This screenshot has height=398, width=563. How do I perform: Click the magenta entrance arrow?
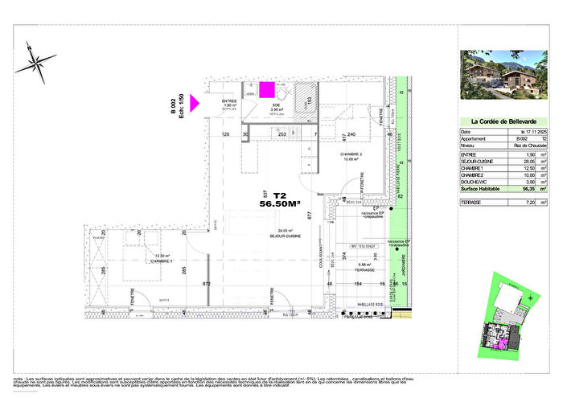(194, 102)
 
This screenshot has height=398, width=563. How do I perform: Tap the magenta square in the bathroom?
(265, 88)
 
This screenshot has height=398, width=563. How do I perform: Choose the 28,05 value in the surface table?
(528, 160)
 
